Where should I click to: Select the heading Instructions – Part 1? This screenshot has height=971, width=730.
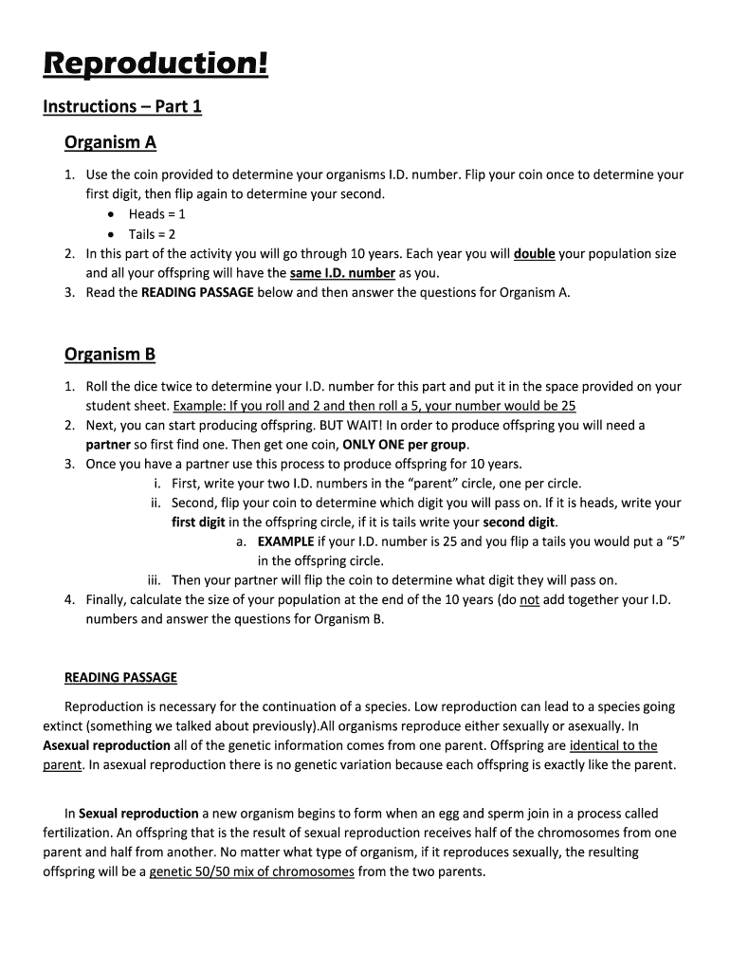click(x=122, y=106)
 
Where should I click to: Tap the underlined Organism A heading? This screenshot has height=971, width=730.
click(x=110, y=142)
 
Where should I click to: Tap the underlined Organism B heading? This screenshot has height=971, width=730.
click(x=110, y=355)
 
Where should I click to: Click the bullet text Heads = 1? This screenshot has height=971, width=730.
click(x=157, y=214)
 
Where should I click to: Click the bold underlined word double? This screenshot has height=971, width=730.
click(x=534, y=254)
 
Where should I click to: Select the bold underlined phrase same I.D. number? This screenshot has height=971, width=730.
click(x=342, y=273)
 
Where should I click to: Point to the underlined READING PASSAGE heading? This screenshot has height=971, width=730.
click(x=120, y=677)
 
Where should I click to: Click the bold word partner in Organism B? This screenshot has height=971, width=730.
click(x=108, y=445)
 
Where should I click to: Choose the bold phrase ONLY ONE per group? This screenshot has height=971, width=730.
click(x=405, y=445)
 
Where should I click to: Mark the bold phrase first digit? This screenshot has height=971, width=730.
click(x=198, y=522)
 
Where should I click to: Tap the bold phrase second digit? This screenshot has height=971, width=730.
click(x=520, y=522)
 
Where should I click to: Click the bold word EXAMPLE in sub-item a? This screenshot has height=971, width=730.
click(x=285, y=541)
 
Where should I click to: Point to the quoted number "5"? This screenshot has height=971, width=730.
click(x=674, y=541)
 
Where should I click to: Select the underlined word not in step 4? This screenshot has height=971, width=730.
click(x=530, y=600)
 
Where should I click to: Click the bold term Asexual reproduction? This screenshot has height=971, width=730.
click(x=107, y=745)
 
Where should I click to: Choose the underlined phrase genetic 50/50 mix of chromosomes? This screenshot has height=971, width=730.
click(x=252, y=871)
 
